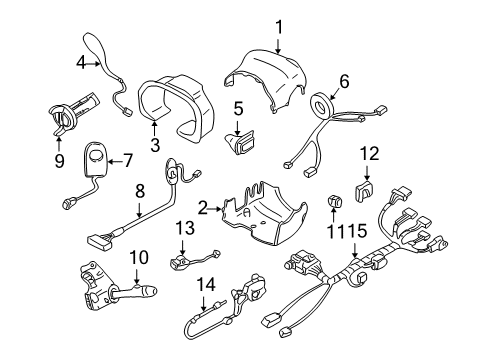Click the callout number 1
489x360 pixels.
279,28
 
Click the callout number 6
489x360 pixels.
343,82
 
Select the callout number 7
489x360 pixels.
126,158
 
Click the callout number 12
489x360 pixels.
370,153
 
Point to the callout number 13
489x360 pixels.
182,228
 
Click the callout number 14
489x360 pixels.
206,284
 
